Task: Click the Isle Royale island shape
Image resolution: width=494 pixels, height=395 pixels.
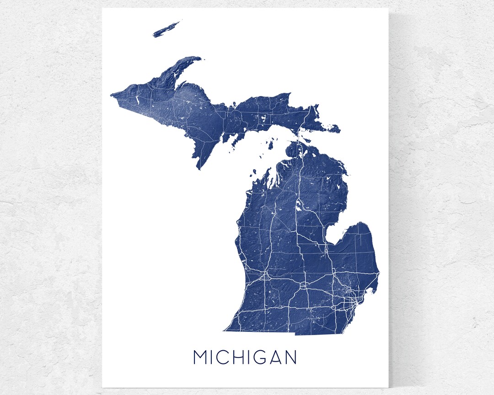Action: coord(166,29)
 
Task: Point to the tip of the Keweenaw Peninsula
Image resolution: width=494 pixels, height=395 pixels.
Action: coord(199,58)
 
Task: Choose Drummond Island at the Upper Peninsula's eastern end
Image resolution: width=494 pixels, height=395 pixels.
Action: coord(334,129)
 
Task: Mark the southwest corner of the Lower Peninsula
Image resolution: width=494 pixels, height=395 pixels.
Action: coord(225,330)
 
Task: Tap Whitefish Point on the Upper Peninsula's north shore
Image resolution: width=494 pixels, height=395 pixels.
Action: coord(290,94)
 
